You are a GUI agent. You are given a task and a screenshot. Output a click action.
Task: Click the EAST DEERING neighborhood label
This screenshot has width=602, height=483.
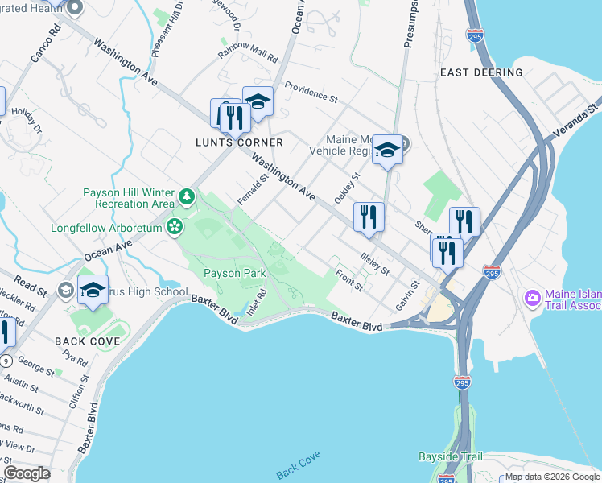click(x=481, y=72)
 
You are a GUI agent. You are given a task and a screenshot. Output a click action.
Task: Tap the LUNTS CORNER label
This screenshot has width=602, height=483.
click(x=240, y=142)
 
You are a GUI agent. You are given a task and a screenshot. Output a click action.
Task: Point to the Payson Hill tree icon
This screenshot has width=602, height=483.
click(x=187, y=196)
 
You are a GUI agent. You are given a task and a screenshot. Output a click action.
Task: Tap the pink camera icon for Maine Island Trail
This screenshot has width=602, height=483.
click(x=531, y=299)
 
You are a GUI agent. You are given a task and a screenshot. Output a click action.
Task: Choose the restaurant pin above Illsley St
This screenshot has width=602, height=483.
click(x=369, y=217)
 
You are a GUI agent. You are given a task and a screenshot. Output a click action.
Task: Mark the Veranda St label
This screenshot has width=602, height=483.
click(x=578, y=119)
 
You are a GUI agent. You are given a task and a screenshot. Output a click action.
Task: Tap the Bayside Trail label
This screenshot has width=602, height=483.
click(x=451, y=456)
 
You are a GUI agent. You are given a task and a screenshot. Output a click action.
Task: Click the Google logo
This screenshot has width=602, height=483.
click(x=27, y=473)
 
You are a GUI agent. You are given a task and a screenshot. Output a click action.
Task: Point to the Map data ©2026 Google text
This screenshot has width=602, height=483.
click(x=552, y=477)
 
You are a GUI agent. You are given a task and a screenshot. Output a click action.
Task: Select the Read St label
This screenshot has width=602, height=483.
click(x=31, y=285)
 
